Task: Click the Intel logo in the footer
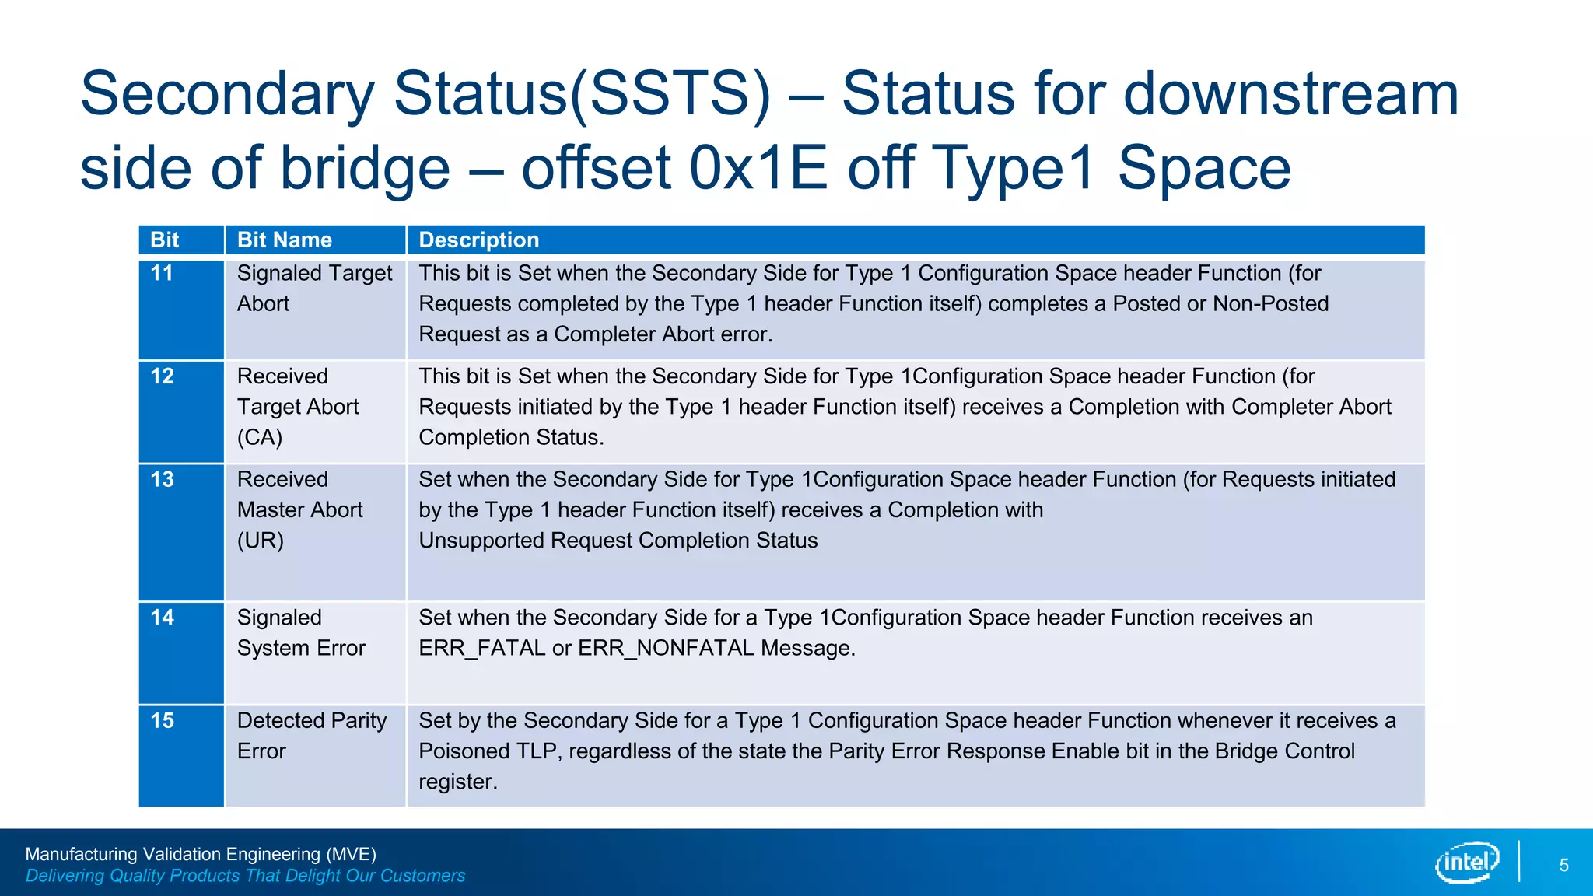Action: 1466,862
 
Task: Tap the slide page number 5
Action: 1563,866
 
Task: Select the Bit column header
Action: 165,240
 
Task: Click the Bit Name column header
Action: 285,240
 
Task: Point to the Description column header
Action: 479,240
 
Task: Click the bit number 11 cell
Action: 162,273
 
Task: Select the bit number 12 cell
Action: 162,376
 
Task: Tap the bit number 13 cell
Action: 162,479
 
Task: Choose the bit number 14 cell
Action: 162,618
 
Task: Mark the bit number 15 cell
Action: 162,721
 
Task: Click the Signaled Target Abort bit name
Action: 314,288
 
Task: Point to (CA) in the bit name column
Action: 260,437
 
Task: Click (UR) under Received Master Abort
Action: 260,541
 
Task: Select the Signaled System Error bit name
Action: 301,632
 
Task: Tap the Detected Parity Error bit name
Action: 311,736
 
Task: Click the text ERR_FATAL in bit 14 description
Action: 482,648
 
